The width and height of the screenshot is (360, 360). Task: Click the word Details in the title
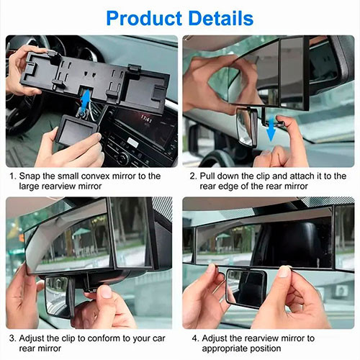point(221,18)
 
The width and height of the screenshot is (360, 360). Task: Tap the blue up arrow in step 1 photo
point(86,99)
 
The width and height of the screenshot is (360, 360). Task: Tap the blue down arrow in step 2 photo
point(271,130)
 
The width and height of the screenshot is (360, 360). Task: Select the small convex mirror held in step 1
point(77,130)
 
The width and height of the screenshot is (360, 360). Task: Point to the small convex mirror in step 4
point(247,288)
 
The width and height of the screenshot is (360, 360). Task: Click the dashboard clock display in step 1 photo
point(146,119)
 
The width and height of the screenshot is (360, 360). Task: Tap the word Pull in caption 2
point(207,176)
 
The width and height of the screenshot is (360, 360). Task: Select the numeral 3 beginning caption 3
point(12,338)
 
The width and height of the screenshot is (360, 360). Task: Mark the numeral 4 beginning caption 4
point(194,338)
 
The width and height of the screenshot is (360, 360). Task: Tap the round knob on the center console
point(123,158)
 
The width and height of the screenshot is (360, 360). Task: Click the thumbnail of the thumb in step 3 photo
point(105,292)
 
